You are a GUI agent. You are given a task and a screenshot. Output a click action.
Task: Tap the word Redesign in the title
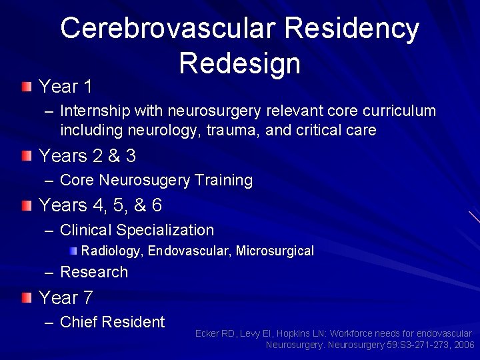coord(239,63)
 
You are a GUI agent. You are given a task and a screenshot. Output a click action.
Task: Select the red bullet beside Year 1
coord(25,86)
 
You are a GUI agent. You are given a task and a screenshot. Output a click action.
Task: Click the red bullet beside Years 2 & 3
coord(25,155)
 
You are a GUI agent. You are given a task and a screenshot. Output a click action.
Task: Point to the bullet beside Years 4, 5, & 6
coord(25,205)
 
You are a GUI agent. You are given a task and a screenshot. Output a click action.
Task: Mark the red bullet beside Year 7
coord(25,297)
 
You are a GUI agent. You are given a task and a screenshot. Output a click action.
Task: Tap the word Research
coord(93,272)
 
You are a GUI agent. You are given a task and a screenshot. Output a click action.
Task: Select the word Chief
coord(81,322)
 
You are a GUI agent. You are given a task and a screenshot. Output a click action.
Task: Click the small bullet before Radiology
coord(74,251)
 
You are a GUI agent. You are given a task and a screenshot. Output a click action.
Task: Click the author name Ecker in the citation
coord(207,333)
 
